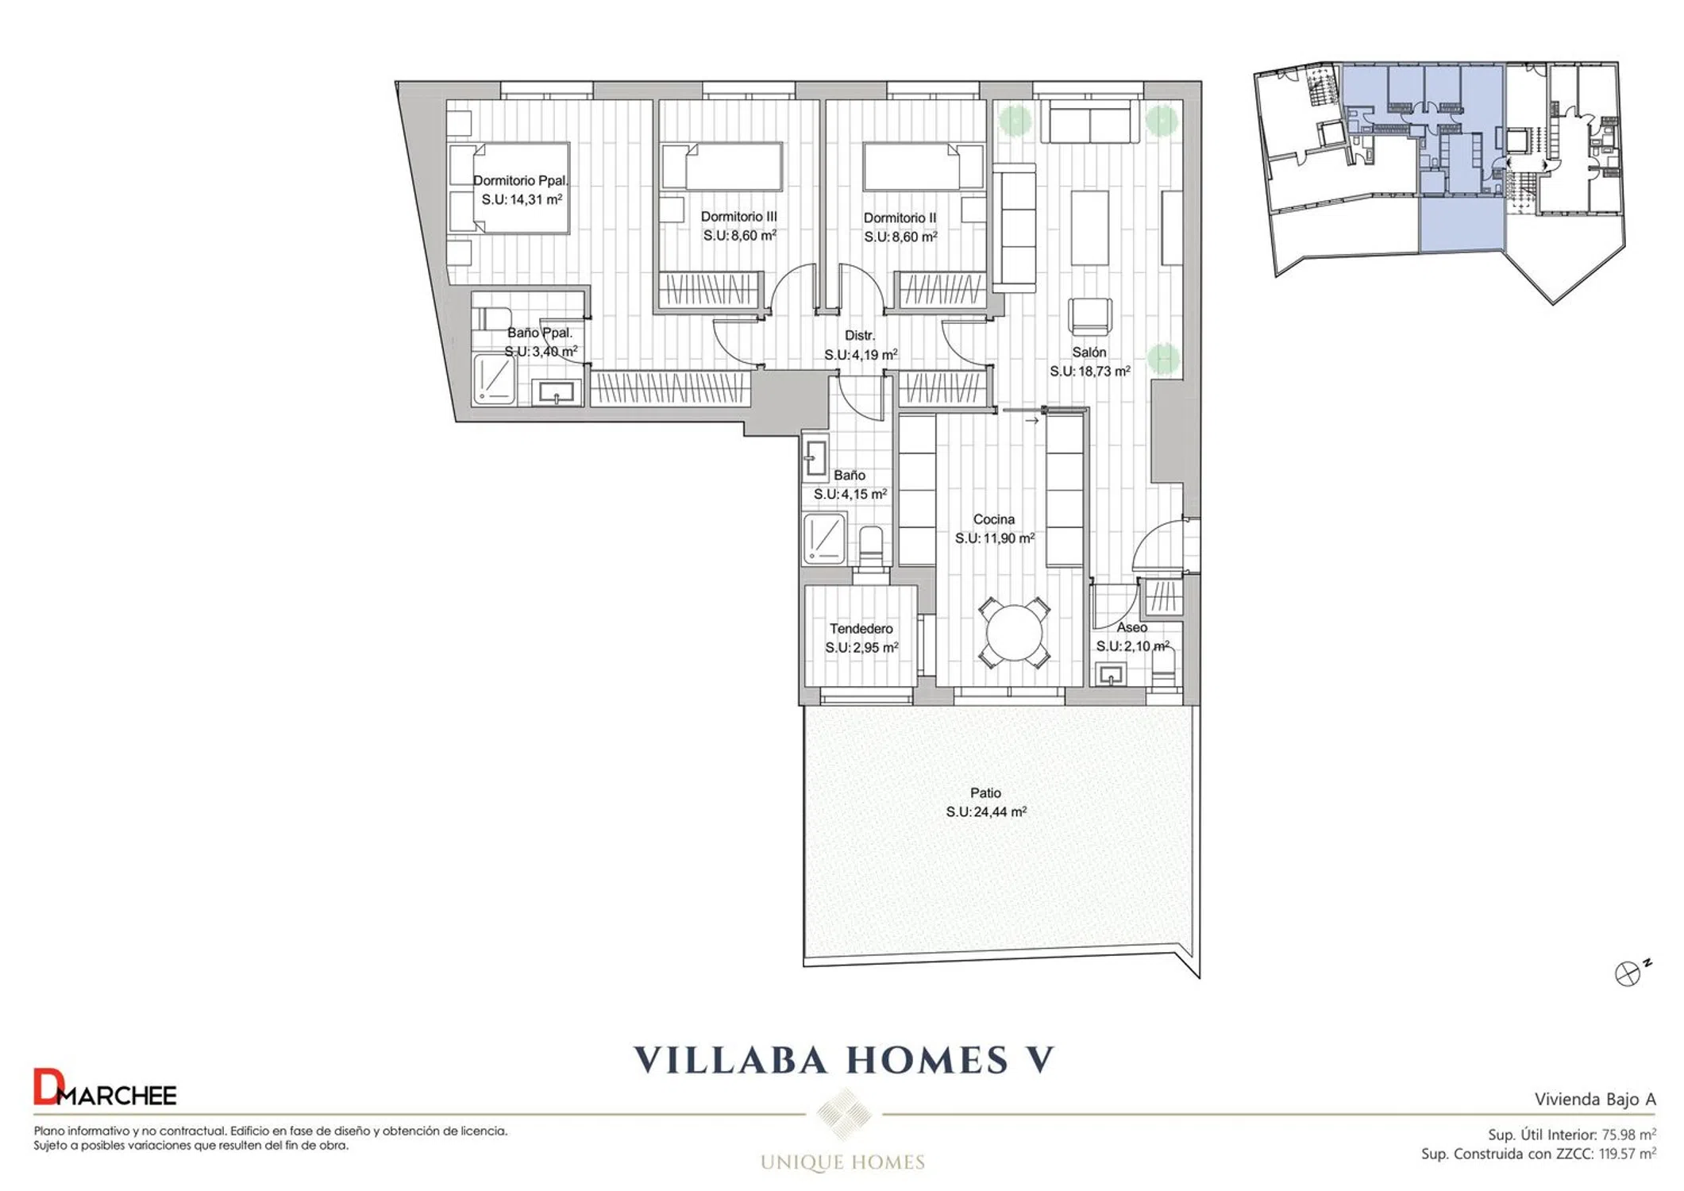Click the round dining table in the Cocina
point(1014,633)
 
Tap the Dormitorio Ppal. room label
point(521,180)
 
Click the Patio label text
point(985,792)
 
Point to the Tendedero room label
point(861,628)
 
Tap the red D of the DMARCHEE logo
point(46,1087)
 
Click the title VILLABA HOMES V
point(844,1060)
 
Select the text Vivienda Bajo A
point(1595,1099)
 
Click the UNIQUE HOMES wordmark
point(842,1162)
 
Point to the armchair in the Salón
point(1090,316)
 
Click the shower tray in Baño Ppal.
point(494,379)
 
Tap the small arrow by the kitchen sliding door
point(1031,421)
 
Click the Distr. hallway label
point(859,335)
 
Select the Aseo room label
point(1132,627)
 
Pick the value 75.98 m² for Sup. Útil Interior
point(1628,1135)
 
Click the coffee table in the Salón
point(1089,228)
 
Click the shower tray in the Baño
point(824,538)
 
